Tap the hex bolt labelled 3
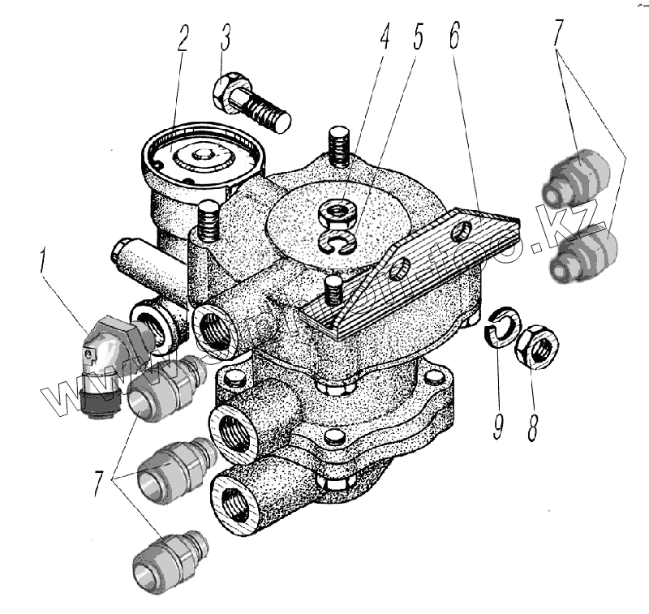click(x=251, y=105)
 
